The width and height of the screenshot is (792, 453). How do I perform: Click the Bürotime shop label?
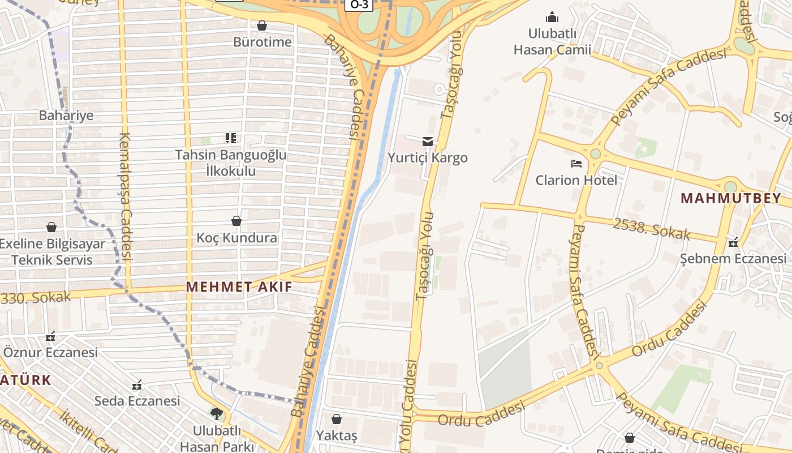pos(262,42)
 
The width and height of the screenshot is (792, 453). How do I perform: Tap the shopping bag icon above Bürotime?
pos(262,25)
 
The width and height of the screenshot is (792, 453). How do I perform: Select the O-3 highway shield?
pos(359,5)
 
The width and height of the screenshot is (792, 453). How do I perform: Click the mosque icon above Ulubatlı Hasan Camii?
pos(552,17)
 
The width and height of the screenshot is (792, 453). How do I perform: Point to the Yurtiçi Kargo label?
pos(428,157)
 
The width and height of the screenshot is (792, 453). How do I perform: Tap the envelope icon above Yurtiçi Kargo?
pos(428,141)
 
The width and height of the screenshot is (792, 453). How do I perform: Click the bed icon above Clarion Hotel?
pos(576,164)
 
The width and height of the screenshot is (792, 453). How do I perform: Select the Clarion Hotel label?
pos(576,180)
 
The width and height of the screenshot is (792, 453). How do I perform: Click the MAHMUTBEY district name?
pos(730,198)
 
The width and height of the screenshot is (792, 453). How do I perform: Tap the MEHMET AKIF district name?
pos(239,287)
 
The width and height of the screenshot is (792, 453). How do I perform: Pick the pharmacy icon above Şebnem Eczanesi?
pos(733,242)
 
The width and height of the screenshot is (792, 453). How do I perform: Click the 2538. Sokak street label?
pos(652,228)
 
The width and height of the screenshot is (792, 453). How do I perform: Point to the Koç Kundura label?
pos(236,237)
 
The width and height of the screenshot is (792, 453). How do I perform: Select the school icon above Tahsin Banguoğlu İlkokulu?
pos(230,138)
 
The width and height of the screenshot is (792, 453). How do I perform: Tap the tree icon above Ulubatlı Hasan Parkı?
pos(216,413)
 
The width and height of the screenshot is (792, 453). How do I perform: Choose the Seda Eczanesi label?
pos(137,401)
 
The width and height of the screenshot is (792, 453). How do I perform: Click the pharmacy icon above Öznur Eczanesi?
pos(50,336)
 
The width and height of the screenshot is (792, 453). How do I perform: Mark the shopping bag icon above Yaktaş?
pos(337,419)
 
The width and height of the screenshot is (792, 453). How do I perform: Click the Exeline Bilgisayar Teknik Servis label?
pos(52,252)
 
